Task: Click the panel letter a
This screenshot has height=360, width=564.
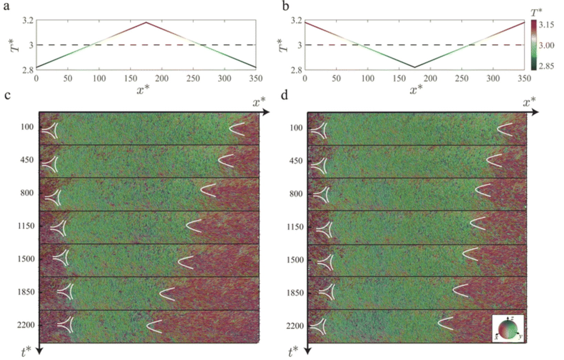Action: pos(7,6)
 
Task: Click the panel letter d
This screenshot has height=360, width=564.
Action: pos(284,95)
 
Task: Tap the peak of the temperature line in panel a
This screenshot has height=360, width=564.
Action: pos(146,22)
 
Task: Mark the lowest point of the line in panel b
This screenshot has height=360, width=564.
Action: pos(415,67)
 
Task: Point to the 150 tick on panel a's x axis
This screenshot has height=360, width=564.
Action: pos(130,78)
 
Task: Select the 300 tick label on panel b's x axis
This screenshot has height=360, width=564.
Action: pos(493,78)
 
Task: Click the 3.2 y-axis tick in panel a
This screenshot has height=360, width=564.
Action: pos(28,20)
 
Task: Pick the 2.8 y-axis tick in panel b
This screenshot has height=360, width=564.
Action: pos(296,70)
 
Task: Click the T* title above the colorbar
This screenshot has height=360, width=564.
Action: pos(536,13)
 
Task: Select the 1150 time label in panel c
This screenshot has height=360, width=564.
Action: pos(26,226)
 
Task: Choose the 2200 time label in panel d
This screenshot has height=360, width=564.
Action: pos(295,326)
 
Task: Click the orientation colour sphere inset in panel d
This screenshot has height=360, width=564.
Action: pos(508,328)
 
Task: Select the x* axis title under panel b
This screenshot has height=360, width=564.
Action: pos(416,90)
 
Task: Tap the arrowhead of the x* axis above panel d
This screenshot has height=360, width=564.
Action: pos(534,113)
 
